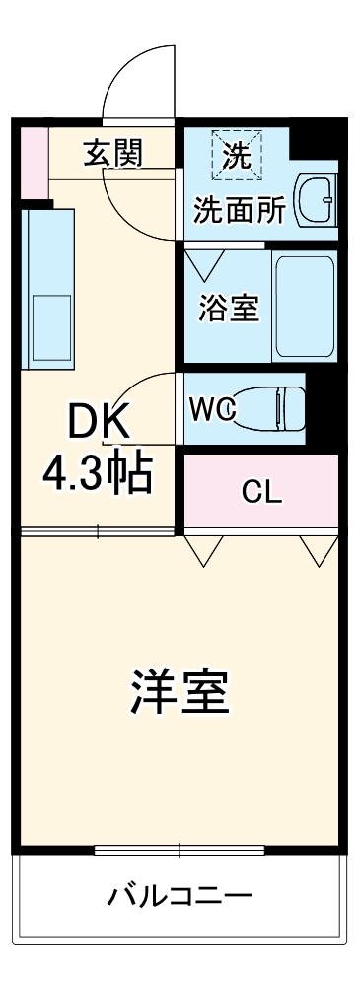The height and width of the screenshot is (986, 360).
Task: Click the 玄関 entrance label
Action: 112,153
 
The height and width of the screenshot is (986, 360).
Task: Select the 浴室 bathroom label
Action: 229,308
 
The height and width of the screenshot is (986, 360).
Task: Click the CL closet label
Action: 262,493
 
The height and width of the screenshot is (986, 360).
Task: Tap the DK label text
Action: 98,424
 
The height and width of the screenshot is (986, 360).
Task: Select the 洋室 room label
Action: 180,693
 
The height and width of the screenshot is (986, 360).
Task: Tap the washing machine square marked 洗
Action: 236,154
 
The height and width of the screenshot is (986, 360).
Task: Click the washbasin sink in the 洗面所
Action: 319,199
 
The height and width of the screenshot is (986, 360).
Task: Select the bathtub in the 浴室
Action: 305,307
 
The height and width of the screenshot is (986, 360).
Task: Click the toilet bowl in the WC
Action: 270,406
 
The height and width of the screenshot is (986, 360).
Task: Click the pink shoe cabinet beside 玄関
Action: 34,160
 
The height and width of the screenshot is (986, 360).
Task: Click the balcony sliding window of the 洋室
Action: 180,848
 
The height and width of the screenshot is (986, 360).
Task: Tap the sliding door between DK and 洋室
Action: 99,532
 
